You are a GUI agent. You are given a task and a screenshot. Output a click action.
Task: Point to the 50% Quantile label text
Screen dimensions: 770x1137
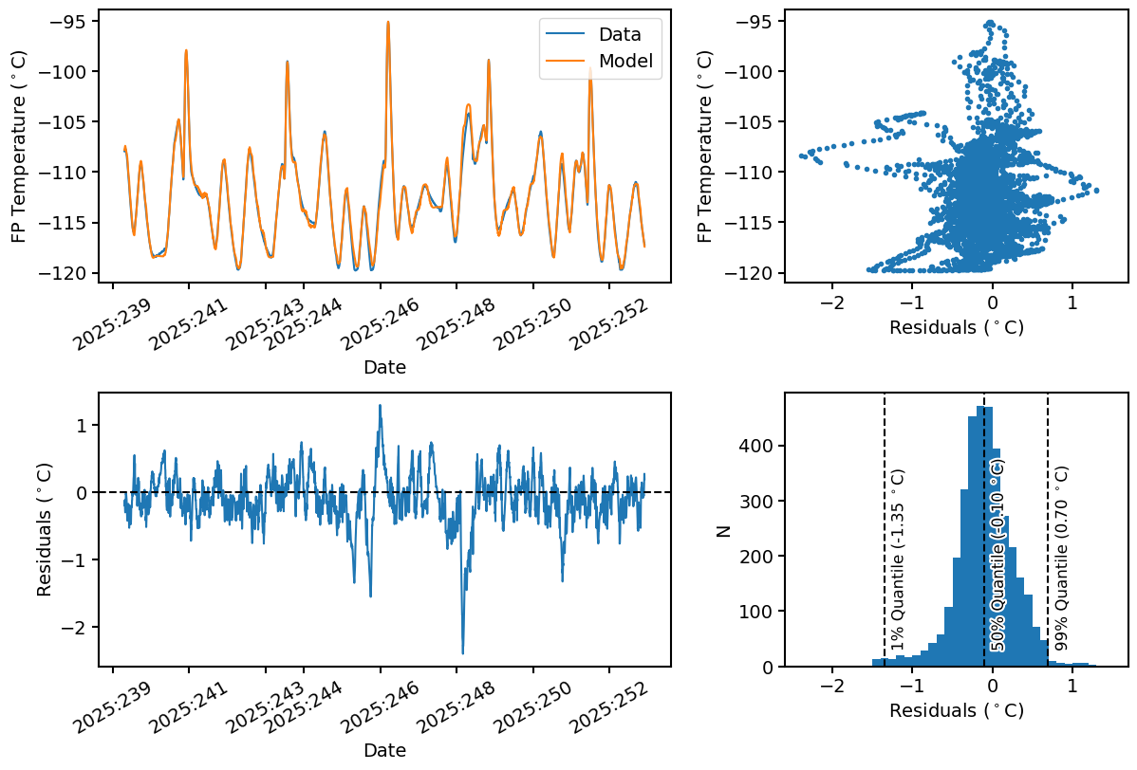[997, 555]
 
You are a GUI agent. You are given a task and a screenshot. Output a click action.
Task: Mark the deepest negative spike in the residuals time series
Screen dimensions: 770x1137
[462, 652]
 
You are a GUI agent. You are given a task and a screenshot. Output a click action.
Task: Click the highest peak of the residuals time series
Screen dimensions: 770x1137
[381, 406]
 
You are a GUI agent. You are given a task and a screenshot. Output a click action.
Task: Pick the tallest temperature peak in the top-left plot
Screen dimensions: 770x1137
[388, 22]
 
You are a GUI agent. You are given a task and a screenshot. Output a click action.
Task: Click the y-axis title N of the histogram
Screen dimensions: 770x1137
[724, 531]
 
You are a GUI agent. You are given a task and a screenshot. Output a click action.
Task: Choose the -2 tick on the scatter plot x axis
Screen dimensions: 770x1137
[831, 302]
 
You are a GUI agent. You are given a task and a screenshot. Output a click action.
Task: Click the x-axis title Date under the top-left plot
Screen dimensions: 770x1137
[384, 368]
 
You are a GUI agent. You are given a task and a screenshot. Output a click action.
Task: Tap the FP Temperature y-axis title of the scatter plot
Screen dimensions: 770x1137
[705, 147]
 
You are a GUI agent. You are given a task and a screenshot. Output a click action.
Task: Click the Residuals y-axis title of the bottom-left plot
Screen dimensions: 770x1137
[45, 531]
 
